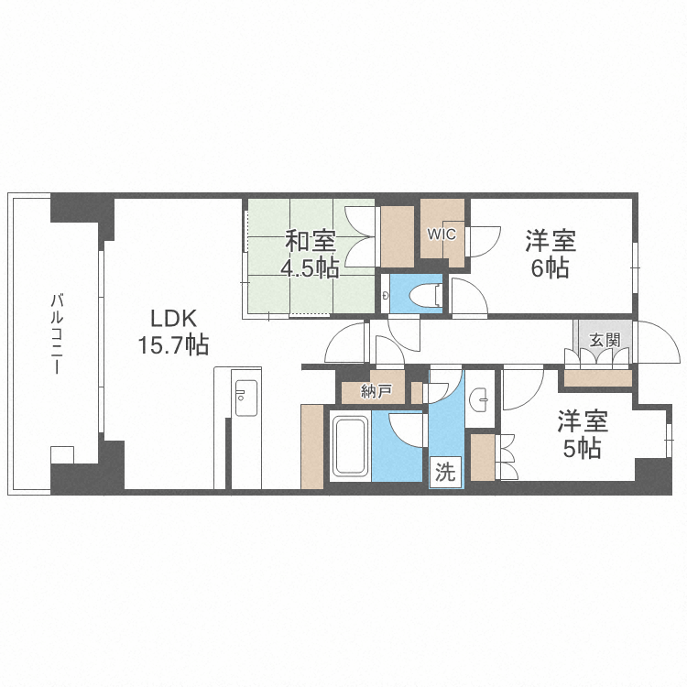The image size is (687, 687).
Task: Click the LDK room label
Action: (174, 318)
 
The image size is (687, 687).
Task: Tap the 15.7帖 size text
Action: (174, 345)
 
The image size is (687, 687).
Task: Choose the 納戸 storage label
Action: (376, 392)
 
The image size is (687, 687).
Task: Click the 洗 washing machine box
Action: (445, 474)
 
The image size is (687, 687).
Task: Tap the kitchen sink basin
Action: (246, 397)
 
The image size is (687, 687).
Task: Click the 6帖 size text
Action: (551, 267)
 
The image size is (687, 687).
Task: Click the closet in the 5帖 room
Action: (483, 456)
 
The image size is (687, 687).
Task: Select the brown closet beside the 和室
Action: (397, 236)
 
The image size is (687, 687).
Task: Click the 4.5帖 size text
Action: (310, 267)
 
